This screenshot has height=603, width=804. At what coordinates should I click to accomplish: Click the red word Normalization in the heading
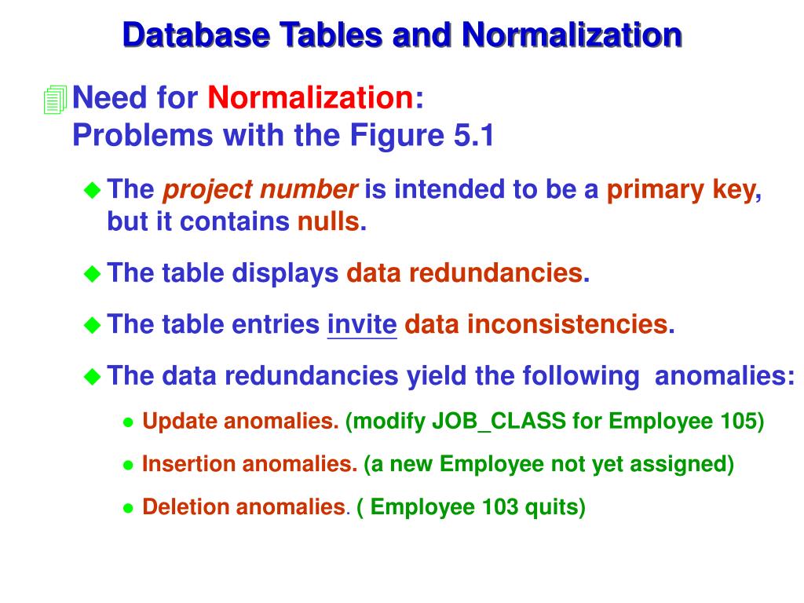pos(311,98)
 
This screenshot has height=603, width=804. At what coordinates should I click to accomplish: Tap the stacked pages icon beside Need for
pos(55,99)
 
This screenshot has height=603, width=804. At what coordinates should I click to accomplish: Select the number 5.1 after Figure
pos(473,136)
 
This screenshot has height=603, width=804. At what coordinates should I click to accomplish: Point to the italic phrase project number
pos(260,189)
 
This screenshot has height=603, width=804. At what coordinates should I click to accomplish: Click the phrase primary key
pos(680,189)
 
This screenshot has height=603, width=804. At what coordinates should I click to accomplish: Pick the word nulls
pos(327,222)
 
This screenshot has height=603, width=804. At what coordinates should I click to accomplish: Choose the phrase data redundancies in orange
pos(465,273)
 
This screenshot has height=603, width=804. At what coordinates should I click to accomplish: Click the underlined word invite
pos(362,324)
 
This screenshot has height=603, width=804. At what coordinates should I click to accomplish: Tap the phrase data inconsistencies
pos(535,324)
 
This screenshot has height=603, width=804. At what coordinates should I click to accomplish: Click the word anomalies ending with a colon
pos(724,376)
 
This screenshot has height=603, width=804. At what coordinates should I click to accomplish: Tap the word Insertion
pos(188,464)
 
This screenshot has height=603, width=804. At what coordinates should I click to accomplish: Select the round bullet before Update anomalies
pos(129,422)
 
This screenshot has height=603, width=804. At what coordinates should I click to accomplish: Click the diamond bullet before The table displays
pos(93,274)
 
